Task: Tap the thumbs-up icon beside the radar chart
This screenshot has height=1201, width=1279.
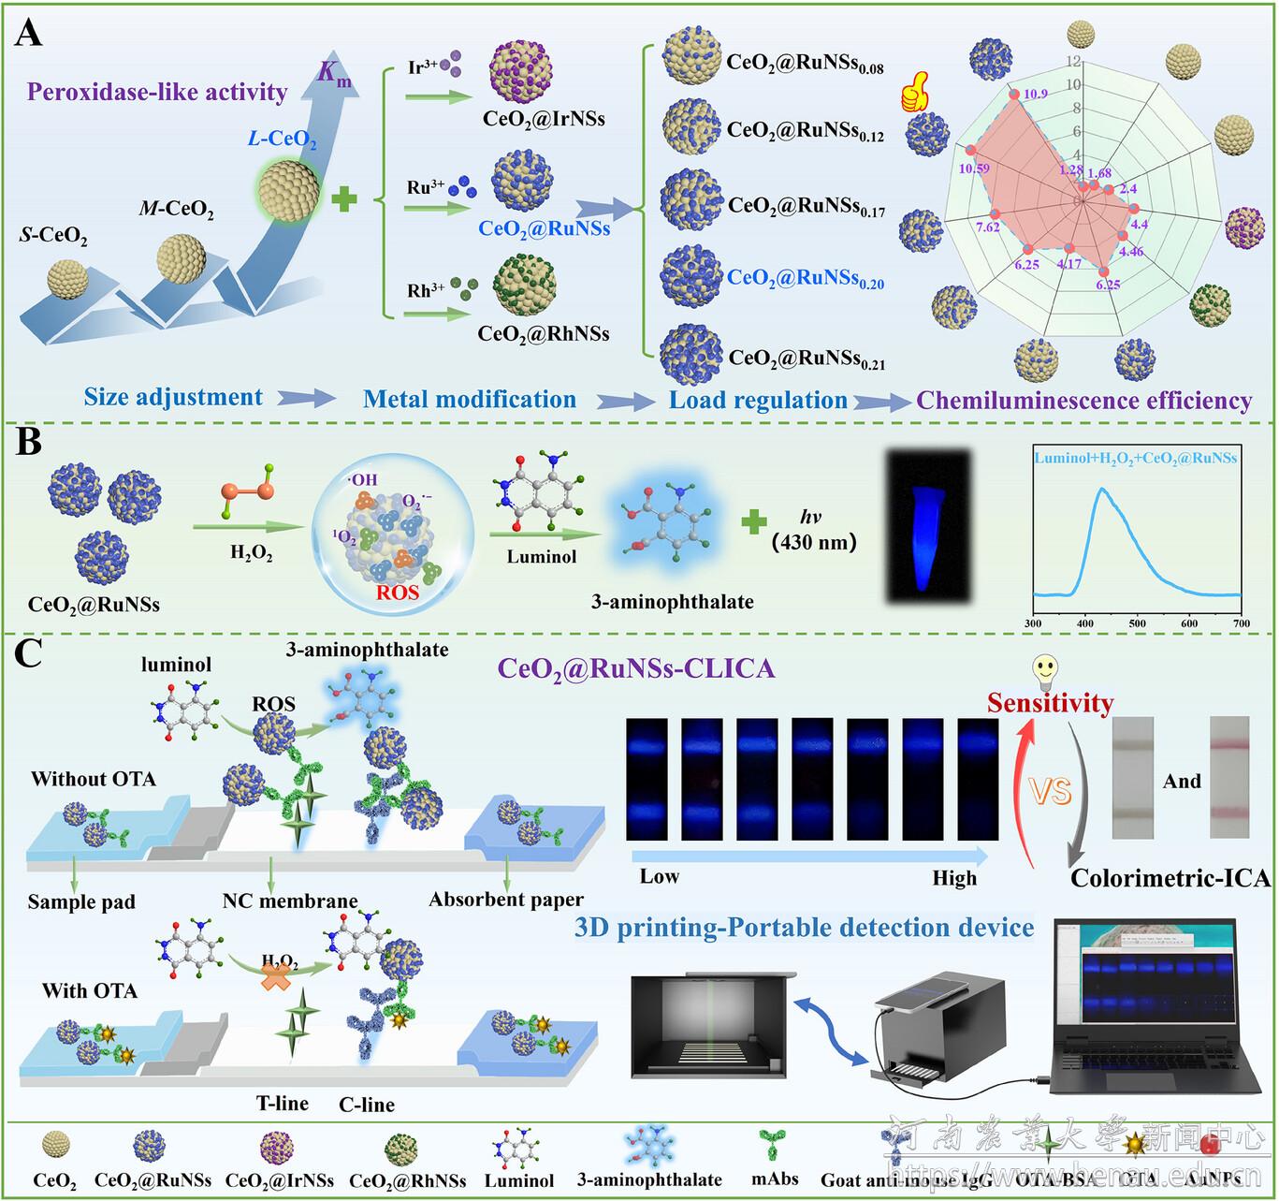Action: (912, 95)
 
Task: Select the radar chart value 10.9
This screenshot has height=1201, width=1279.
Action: (1035, 94)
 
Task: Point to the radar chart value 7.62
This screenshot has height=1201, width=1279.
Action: (988, 227)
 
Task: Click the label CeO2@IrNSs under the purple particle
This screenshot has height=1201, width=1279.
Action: (544, 119)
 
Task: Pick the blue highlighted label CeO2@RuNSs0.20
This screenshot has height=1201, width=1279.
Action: (805, 278)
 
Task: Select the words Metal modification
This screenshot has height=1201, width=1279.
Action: (470, 400)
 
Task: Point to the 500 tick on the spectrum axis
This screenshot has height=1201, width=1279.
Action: (1137, 623)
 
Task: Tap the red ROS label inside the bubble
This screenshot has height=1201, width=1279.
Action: (397, 593)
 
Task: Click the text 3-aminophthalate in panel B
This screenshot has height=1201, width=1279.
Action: (672, 602)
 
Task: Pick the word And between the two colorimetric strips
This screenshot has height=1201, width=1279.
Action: (1181, 781)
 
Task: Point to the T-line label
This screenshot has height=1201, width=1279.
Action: (283, 1104)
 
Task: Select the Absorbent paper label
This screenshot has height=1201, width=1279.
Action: (506, 900)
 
